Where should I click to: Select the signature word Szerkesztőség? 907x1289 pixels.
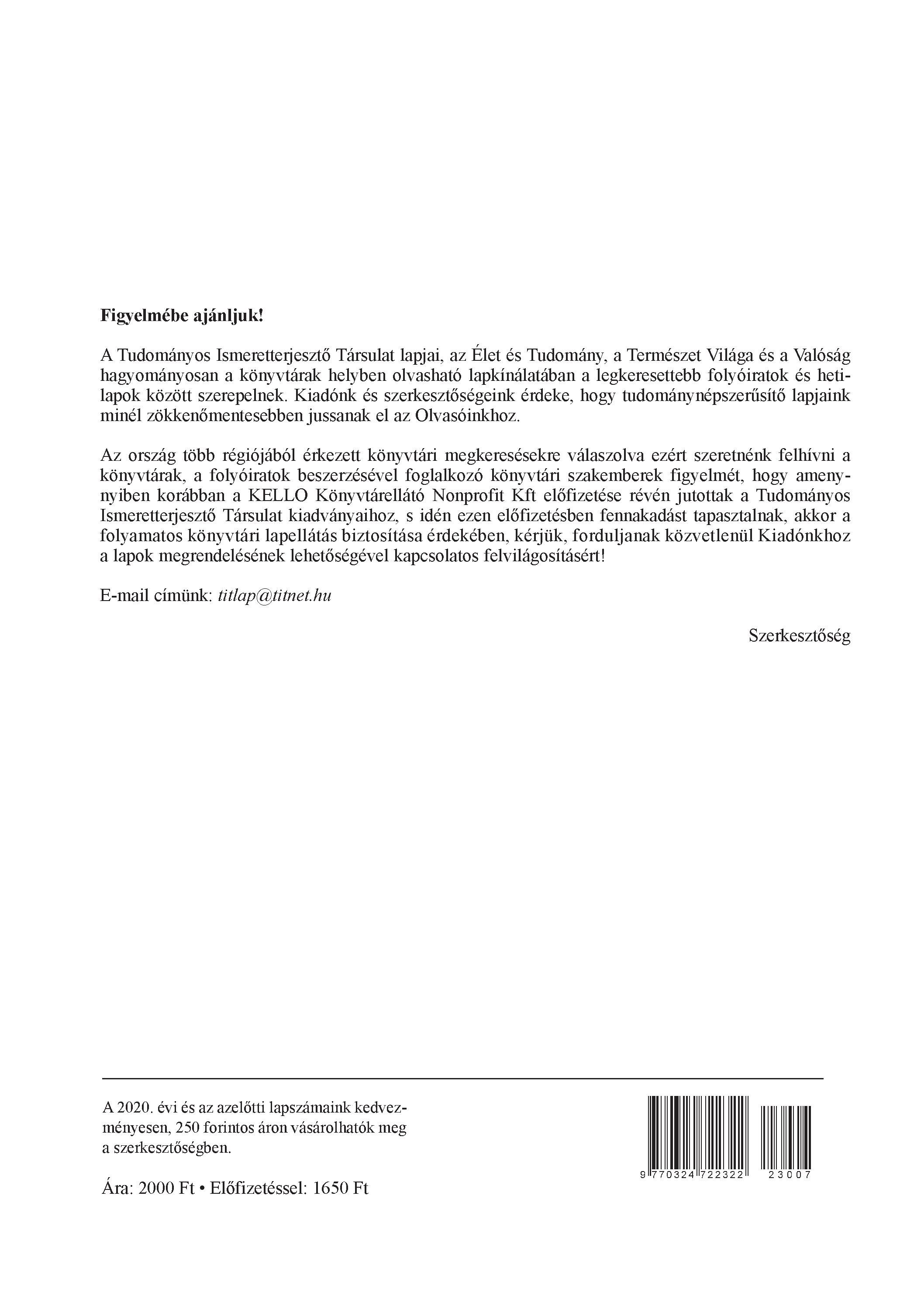pos(799,636)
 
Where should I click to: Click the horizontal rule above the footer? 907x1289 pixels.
pos(462,1078)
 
